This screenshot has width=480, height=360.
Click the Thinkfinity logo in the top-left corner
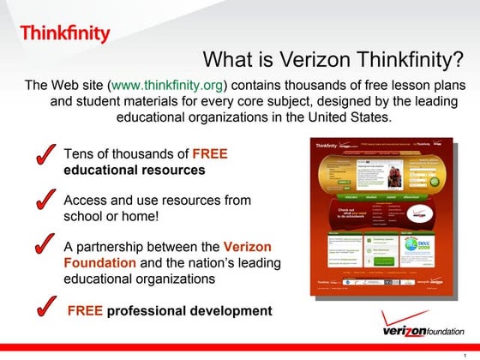(65, 33)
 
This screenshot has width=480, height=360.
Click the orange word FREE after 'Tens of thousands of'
(210, 154)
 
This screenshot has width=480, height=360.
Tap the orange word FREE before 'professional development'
(86, 310)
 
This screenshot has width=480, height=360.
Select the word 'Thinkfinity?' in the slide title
(411, 60)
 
